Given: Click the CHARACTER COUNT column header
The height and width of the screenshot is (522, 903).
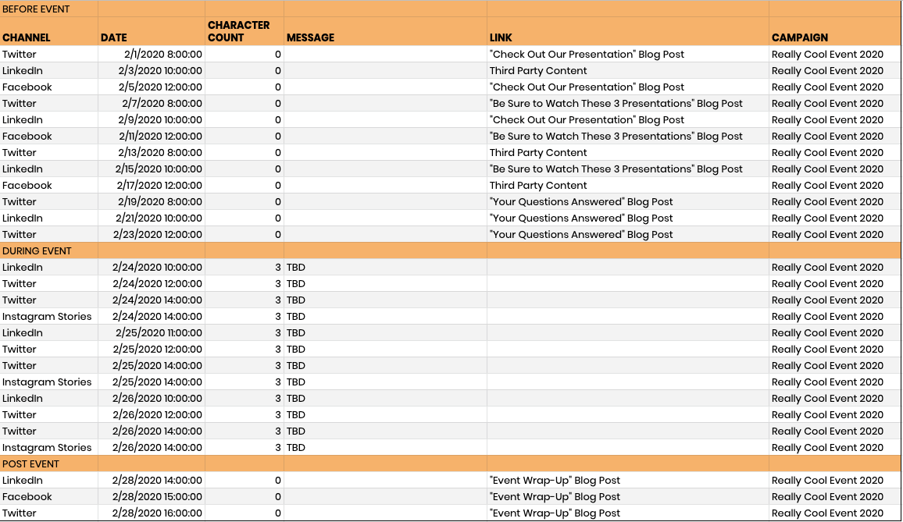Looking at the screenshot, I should pos(239,31).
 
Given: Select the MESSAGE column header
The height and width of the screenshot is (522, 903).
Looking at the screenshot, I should pos(310,37).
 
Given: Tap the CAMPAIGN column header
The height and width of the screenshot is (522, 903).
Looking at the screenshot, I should pos(800,37).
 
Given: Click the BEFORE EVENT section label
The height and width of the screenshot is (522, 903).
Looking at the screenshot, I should pos(36,9).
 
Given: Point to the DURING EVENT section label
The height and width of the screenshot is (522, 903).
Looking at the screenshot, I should pos(37,251).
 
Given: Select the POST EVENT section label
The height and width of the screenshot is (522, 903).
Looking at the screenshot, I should pos(30,464).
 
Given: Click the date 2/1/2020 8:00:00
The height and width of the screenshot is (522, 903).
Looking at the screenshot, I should pos(162,55).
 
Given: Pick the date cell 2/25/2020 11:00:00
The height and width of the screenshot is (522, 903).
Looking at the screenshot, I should pos(159,333).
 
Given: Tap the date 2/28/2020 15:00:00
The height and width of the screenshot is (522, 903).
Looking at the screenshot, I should pos(157,497).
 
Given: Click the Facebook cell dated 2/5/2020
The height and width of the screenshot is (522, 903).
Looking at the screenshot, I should pos(27,87).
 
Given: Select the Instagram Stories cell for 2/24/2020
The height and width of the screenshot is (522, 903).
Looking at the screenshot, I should pos(47,317).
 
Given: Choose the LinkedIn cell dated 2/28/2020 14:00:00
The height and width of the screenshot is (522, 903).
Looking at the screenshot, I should pos(23,481).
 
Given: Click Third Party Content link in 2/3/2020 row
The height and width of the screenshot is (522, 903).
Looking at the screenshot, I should pos(538,71).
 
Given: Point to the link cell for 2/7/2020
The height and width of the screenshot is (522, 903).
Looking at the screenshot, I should pos(616,104).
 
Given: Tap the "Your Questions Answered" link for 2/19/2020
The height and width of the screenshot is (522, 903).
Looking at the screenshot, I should pos(581,202).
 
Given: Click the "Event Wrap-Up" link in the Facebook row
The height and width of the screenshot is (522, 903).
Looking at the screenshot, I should pos(555,497).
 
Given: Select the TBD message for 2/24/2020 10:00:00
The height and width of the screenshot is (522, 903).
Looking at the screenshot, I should pos(296,268).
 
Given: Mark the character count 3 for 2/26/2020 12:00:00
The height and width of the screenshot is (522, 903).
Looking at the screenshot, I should pos(278,415).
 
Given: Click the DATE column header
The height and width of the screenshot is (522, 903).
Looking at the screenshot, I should pos(114,37).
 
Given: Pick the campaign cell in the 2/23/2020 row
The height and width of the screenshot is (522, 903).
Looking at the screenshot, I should pos(827,235).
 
